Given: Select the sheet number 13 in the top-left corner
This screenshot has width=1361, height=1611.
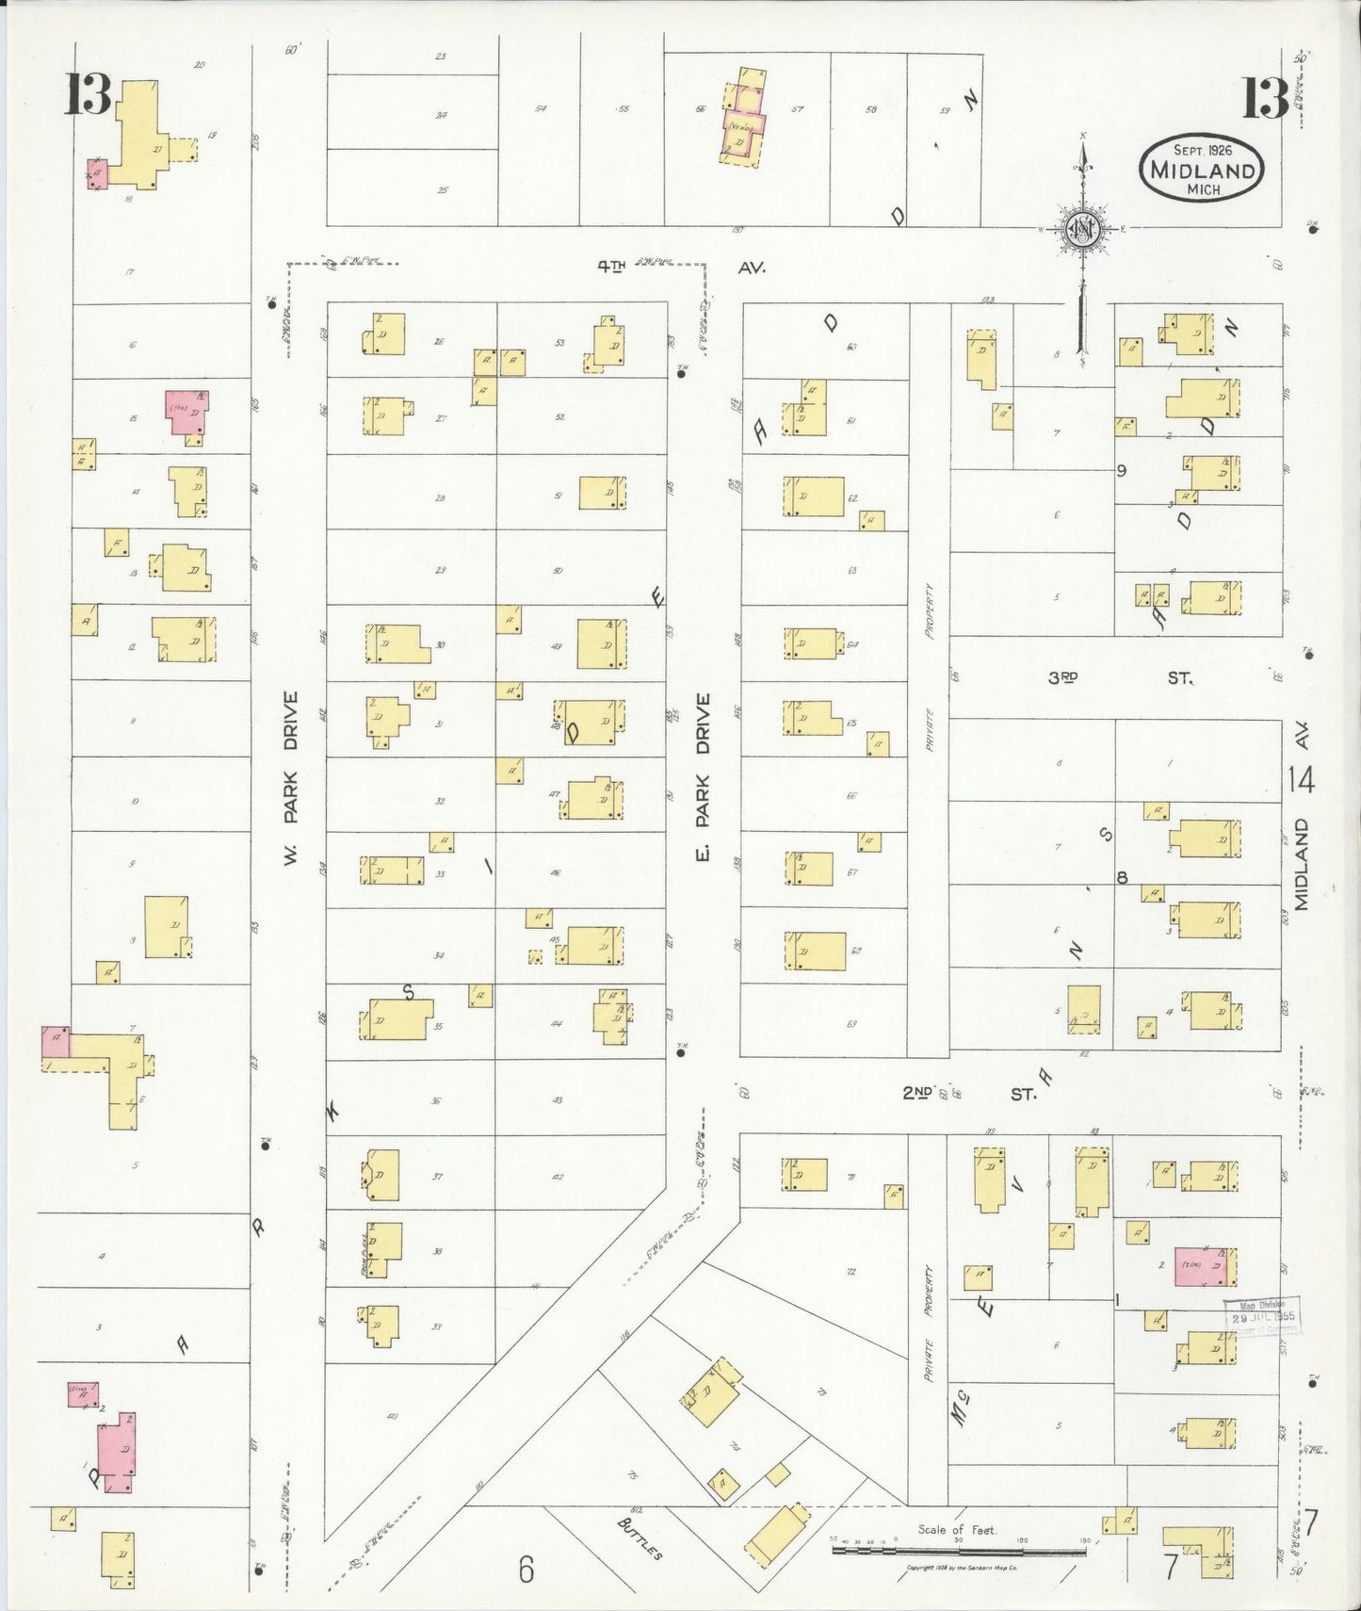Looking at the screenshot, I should (88, 96).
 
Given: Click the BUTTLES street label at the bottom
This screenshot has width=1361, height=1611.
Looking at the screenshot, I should (640, 1538).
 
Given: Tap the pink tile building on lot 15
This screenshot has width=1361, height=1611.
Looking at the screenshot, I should (187, 413).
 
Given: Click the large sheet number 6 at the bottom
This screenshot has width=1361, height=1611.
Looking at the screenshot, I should (526, 1570).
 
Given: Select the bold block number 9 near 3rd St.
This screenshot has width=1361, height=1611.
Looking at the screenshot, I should (1122, 471).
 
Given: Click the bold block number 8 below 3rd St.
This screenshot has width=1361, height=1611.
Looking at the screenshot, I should (1122, 878).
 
